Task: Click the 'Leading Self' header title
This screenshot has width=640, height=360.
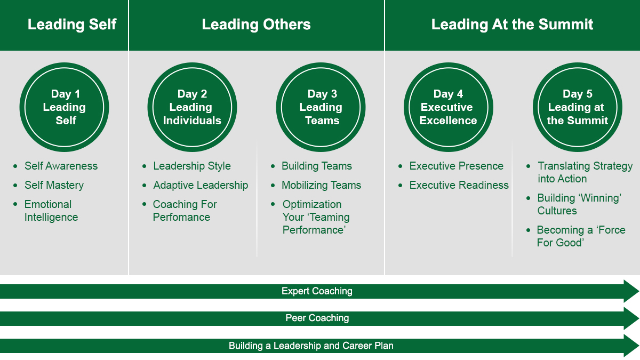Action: tap(72, 25)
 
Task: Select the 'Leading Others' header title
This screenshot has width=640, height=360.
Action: tap(257, 25)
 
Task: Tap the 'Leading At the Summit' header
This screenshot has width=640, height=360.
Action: tap(513, 25)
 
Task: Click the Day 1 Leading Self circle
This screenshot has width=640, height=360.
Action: tap(65, 107)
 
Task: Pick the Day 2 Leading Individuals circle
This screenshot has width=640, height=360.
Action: tap(193, 107)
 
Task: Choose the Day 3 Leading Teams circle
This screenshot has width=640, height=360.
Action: tap(321, 107)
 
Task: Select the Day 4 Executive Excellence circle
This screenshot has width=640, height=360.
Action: tap(449, 107)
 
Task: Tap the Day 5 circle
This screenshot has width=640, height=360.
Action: tap(578, 107)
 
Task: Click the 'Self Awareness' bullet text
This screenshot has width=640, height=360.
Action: tap(61, 166)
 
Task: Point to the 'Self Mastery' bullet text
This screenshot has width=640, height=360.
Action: tap(54, 185)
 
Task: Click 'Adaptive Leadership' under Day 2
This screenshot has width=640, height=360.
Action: tap(201, 185)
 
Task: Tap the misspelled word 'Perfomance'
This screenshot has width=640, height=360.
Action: tap(181, 217)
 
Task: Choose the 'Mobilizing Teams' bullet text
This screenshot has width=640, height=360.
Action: tap(322, 185)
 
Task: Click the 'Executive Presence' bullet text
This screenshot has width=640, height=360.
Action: tap(457, 166)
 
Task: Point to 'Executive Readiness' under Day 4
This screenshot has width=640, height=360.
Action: tap(459, 185)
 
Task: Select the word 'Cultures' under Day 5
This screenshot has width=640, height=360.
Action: tap(557, 211)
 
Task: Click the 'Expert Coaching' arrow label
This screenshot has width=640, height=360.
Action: tap(317, 291)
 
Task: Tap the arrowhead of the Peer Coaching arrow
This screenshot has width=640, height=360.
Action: tap(631, 318)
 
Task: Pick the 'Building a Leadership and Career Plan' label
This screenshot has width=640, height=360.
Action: tap(311, 346)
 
